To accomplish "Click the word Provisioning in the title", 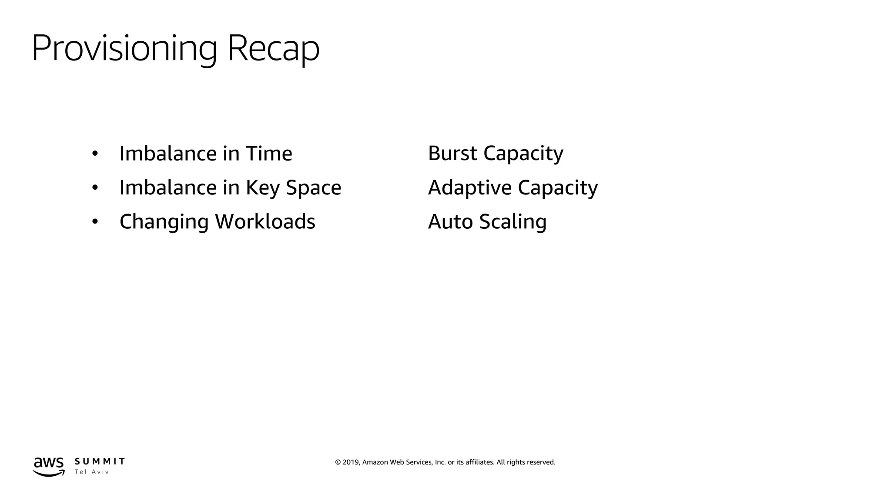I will (124, 48).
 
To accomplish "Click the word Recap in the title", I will (273, 48).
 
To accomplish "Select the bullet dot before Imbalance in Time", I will (95, 154).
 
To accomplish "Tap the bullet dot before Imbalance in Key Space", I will (95, 188).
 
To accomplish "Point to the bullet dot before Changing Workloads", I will (95, 222).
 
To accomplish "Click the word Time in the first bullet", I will (269, 154).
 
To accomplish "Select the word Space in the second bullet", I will (313, 188).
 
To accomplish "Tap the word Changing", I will (164, 222).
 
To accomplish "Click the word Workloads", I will (265, 222).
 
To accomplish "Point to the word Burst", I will (452, 153).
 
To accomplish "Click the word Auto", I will (450, 222).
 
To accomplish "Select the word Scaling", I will (512, 222).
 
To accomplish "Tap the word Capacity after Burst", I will (523, 153).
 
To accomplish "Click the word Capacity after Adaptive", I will (558, 188).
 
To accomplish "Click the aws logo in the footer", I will (49, 466).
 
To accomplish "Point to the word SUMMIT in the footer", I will (100, 461).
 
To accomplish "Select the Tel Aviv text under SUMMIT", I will (91, 472).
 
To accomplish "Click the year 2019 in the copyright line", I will (351, 462).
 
